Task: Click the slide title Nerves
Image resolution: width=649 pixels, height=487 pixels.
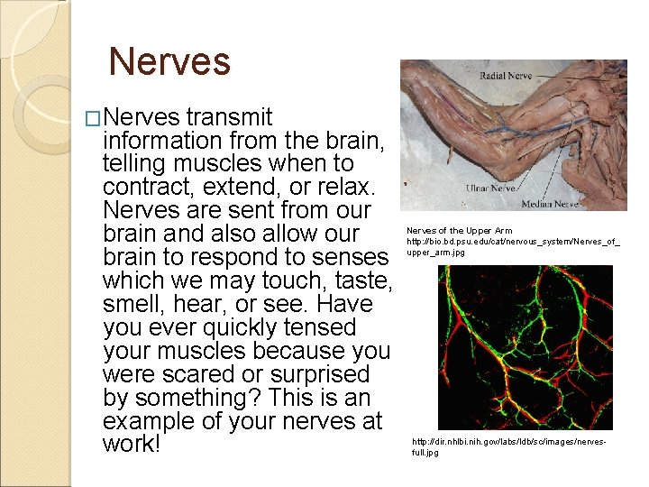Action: click(x=169, y=62)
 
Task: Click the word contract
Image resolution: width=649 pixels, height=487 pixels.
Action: click(x=146, y=188)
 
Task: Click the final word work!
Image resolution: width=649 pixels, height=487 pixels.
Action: click(x=132, y=446)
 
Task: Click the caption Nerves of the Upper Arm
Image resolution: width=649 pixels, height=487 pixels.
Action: click(x=459, y=231)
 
